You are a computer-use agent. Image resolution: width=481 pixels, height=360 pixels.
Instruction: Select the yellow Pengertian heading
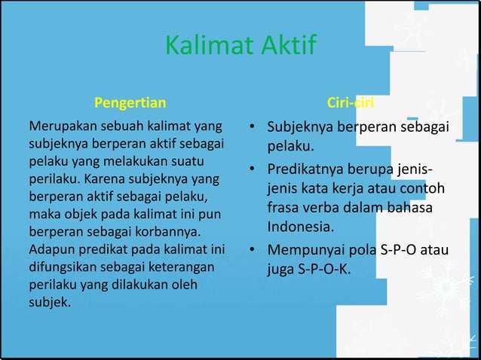(130, 102)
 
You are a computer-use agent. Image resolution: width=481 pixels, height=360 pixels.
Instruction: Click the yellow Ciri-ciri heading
(351, 102)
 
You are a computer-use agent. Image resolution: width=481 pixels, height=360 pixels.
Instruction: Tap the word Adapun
(51, 248)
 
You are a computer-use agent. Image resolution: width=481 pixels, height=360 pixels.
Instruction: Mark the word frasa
(283, 207)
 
